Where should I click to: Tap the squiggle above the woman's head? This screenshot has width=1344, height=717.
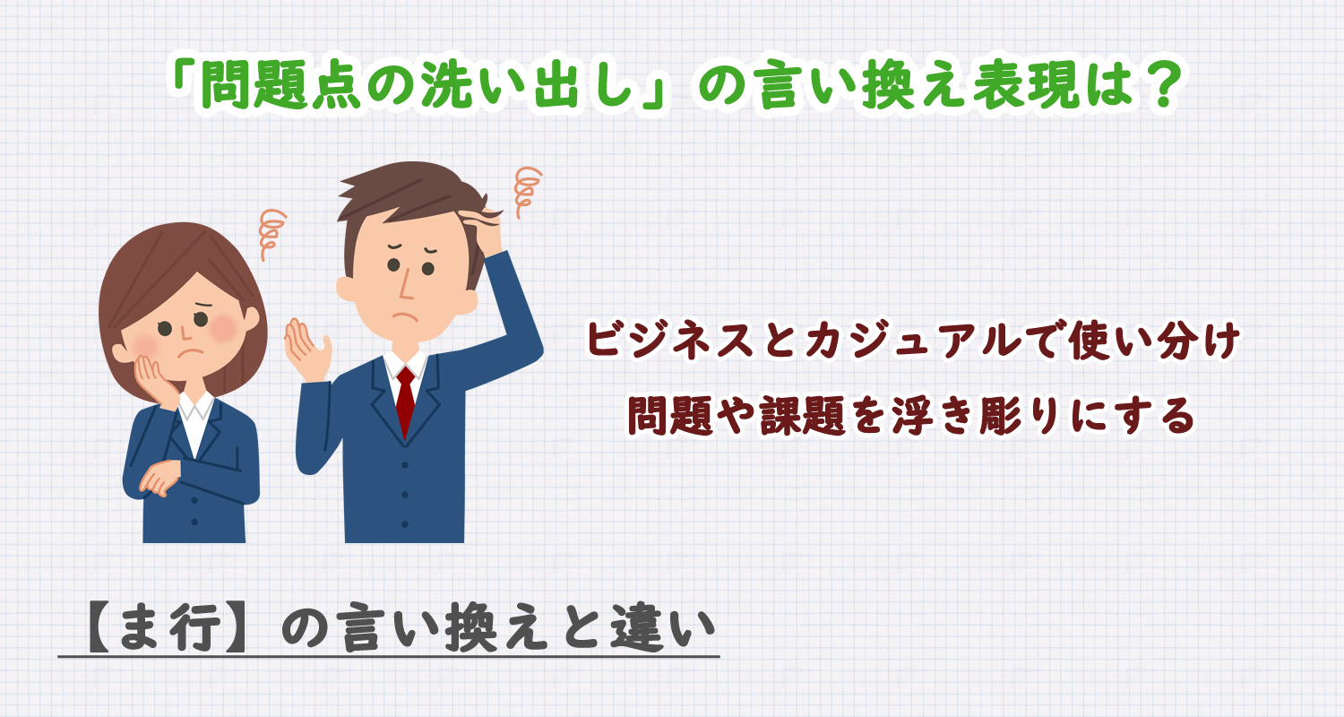(270, 234)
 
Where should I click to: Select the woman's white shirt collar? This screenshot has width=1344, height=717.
(196, 408)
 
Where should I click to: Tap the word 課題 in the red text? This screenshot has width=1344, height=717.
(813, 414)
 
